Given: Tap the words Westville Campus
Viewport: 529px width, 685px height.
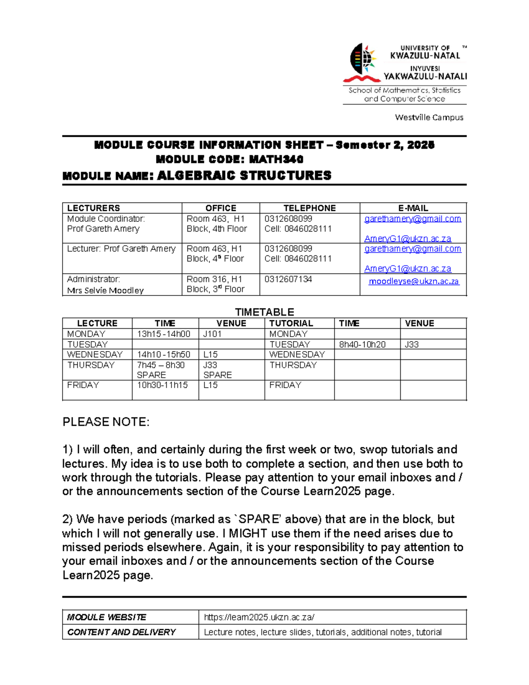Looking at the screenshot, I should [x=429, y=117].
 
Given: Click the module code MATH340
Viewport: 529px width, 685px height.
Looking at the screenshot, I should [x=276, y=159].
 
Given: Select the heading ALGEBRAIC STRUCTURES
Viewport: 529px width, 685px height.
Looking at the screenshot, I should [x=244, y=176].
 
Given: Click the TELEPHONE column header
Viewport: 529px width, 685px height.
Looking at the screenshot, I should [x=309, y=208].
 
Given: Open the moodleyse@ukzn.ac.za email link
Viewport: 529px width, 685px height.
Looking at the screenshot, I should [x=414, y=281].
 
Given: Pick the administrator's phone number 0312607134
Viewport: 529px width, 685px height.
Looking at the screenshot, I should [x=288, y=279].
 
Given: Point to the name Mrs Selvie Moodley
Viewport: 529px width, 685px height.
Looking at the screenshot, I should [x=105, y=290].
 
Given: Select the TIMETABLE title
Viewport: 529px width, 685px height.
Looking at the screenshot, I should [x=264, y=312].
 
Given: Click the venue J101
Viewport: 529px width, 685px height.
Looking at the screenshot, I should [x=212, y=334].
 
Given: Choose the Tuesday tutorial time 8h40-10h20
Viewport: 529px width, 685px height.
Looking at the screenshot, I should [x=362, y=344].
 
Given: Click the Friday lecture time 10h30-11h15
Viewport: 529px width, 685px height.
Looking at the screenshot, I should [x=162, y=385].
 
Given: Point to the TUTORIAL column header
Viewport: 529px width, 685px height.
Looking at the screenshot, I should [x=291, y=323].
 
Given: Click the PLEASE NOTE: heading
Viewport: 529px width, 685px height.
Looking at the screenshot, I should [x=106, y=422].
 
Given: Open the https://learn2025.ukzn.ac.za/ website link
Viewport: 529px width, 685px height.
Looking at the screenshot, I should [x=259, y=617].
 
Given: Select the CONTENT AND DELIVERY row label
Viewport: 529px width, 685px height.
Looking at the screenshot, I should [x=121, y=632].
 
